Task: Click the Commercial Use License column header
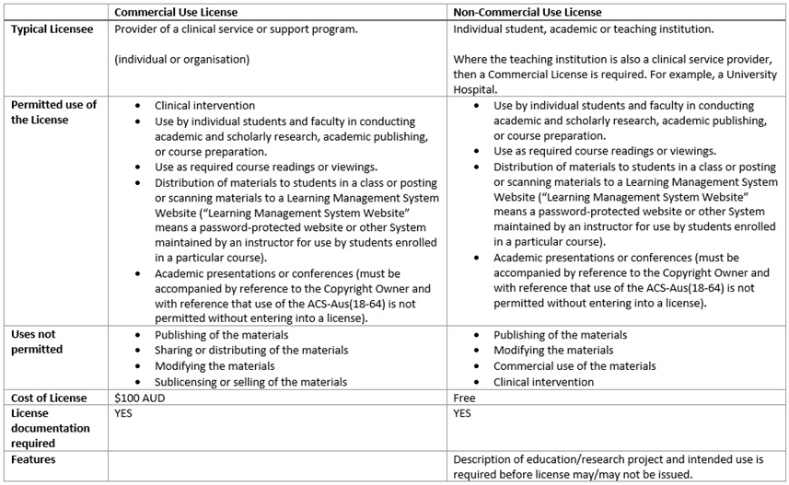177,12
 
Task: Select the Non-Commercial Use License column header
528,12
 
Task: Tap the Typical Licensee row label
52,29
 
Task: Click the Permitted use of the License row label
52,112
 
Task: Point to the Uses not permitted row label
37,342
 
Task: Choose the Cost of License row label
49,398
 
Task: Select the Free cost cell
465,398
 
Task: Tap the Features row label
33,458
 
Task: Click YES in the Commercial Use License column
125,413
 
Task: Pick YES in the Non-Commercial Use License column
463,413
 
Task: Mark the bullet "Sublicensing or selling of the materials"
250,381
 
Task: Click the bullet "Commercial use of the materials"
574,365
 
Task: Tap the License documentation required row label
50,428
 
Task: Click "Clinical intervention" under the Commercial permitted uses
205,106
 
